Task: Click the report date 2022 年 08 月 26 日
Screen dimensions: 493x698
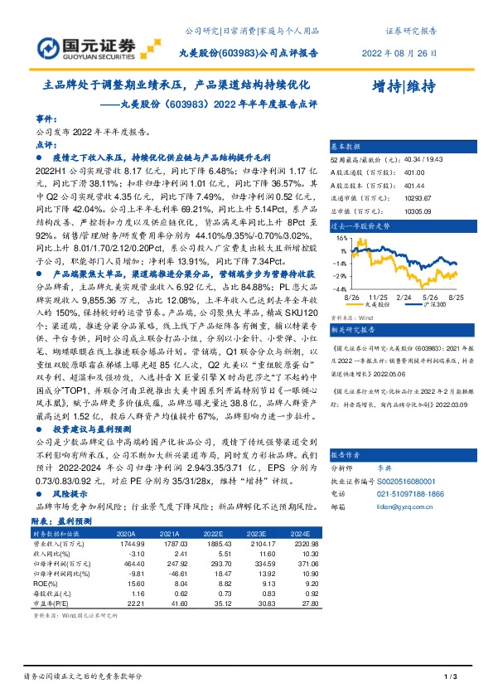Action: (398, 52)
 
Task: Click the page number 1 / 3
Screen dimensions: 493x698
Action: (450, 677)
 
